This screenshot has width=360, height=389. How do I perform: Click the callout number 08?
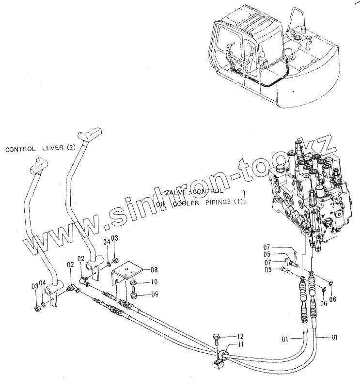[154, 270]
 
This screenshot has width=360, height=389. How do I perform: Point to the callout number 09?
[154, 294]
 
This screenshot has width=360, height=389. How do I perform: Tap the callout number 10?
[154, 282]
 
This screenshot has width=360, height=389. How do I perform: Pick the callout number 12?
[240, 336]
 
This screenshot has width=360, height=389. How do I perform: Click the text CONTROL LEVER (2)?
[41, 149]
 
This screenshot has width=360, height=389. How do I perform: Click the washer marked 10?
[133, 282]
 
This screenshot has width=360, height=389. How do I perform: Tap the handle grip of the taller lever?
[91, 133]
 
